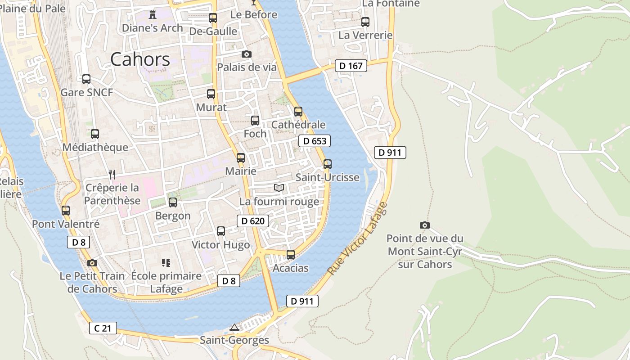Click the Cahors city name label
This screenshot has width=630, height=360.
[140, 59]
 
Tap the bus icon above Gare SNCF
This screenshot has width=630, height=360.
[86, 79]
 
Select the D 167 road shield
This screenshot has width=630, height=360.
[351, 66]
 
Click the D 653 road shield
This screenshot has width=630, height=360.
[315, 141]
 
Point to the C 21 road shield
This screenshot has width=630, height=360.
[103, 328]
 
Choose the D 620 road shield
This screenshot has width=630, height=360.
[253, 220]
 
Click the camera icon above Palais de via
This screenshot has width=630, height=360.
[246, 54]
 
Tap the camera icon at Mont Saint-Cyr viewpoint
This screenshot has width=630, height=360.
[424, 225]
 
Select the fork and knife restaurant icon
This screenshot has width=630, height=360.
[112, 174]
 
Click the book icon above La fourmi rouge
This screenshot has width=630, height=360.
[279, 188]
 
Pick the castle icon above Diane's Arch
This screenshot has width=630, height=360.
[152, 14]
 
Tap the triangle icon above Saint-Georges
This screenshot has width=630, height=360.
[234, 327]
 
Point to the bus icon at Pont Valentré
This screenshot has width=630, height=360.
[66, 210]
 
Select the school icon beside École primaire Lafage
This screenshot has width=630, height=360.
[166, 262]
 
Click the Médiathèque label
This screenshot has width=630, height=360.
[95, 147]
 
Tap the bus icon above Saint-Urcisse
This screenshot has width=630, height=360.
[328, 164]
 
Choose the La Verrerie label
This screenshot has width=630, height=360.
[365, 35]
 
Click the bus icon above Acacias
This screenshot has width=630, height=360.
[291, 255]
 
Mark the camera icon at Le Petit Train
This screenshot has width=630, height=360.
[92, 263]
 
